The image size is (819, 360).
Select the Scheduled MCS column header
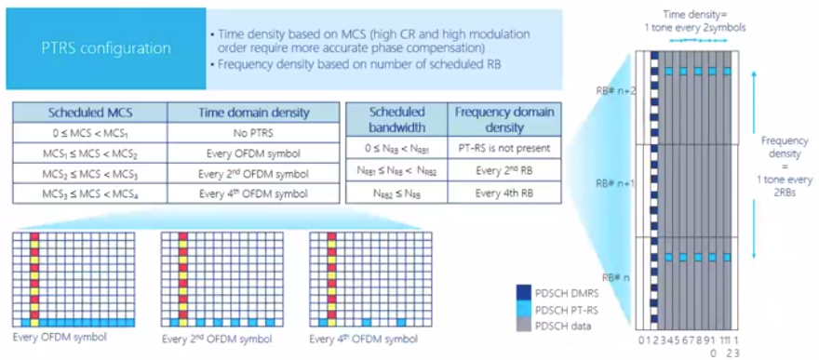click(x=89, y=112)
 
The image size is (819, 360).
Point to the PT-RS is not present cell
click(x=505, y=146)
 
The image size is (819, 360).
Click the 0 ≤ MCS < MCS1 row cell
click(x=89, y=132)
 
